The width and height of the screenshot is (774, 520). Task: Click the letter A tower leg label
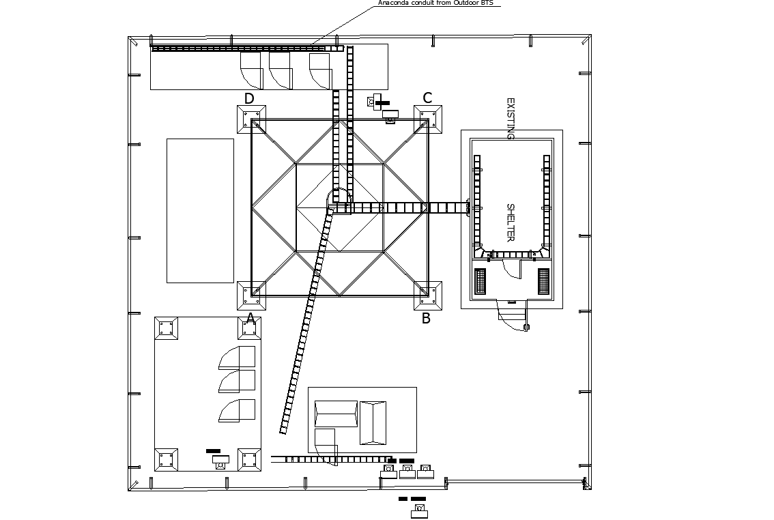coord(250,318)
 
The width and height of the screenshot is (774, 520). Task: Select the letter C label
coord(427,98)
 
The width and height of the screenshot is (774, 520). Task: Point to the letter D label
coord(249,99)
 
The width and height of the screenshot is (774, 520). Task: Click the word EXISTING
coord(510,119)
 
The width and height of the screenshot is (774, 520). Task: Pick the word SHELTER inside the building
coord(510,222)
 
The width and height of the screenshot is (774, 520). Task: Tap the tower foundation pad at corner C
coord(428,119)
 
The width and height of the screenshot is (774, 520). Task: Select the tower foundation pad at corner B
coord(428,295)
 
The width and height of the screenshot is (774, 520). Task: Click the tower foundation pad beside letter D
coord(251,120)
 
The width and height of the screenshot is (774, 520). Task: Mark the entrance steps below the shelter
coord(513,315)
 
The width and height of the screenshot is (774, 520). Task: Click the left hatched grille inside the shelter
coord(480,281)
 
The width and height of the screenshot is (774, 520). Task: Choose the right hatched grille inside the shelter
coord(543,281)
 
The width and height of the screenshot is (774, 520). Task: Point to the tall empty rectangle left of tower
coord(200,210)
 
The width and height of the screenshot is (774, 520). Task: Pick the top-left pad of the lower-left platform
coord(166,328)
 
